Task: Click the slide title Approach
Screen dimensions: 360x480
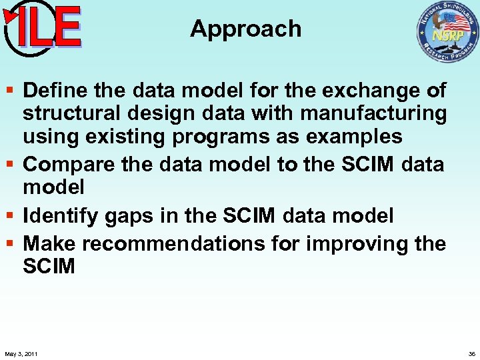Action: point(245,29)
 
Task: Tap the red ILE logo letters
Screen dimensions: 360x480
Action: point(48,28)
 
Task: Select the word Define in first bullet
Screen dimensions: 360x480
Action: point(55,90)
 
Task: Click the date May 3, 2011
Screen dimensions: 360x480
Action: point(21,353)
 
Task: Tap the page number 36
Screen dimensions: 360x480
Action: point(471,353)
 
